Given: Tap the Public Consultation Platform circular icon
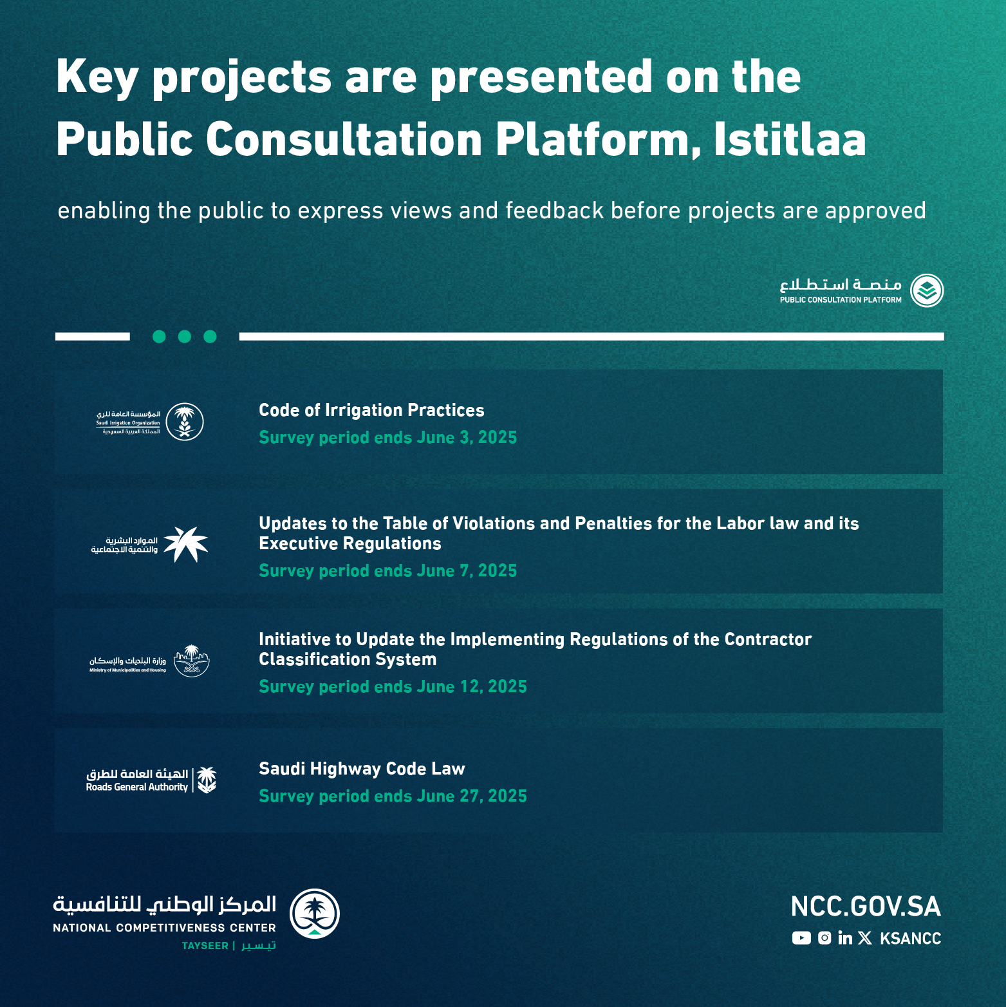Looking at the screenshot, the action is coord(927,290).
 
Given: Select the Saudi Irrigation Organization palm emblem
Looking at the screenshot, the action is coord(185,422).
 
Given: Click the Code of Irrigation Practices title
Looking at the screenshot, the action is coord(371,410).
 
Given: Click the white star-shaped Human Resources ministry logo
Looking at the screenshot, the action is coord(185,544).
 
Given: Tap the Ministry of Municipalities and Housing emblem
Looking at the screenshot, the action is coord(192,661).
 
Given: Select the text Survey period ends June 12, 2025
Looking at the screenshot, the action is coord(393,686).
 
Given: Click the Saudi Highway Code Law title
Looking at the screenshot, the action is coord(362,769).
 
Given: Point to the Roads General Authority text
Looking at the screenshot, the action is coord(137,787).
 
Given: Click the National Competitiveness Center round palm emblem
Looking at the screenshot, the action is coord(315,914).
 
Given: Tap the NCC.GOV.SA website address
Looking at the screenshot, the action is coord(866,907).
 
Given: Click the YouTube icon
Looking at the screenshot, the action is coord(801,938).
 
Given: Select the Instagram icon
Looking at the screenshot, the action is coord(824,938).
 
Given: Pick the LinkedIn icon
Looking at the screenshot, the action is coord(845,938).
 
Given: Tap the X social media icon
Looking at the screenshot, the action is coord(865,938).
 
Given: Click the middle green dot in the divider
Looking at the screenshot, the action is coord(185,336).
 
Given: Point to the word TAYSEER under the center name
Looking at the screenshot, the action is coord(205,946).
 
